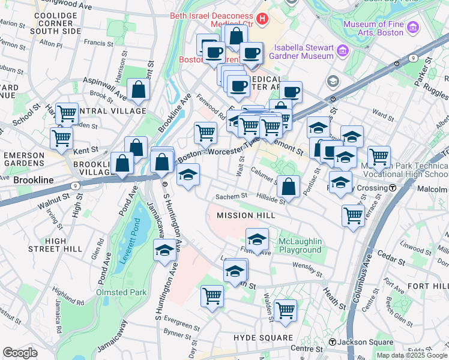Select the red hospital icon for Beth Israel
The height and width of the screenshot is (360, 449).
click(x=262, y=19)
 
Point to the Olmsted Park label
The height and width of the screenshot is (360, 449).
click(x=120, y=292)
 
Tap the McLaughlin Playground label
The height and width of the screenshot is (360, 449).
click(x=300, y=245)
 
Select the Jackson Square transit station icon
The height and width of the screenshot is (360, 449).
click(x=332, y=342)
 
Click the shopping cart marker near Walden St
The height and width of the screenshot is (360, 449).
click(x=285, y=310)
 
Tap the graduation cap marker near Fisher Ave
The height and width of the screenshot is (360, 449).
click(x=257, y=239)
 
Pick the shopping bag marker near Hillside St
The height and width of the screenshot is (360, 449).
click(x=289, y=186)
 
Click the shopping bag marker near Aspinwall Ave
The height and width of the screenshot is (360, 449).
click(x=139, y=90)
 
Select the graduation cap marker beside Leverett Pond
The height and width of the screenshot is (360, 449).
click(x=164, y=251)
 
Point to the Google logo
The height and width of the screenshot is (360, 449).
click(x=20, y=353)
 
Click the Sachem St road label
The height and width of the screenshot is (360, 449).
click(x=232, y=196)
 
